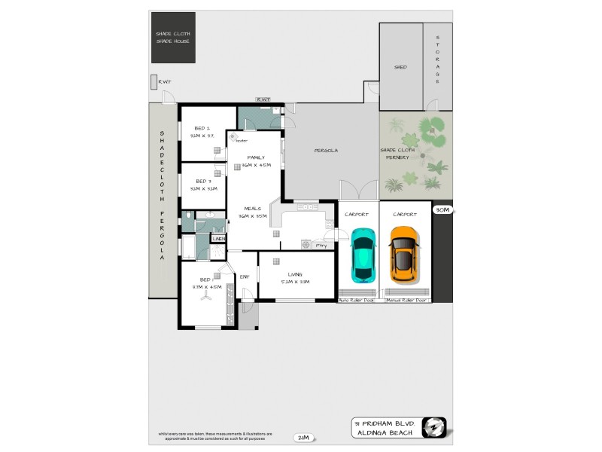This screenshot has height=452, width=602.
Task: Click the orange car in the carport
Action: click(403, 254)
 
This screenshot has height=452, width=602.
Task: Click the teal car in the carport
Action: click(363, 254)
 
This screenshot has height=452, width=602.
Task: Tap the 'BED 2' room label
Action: click(202, 128)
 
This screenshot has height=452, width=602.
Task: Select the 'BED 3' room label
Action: click(203, 181)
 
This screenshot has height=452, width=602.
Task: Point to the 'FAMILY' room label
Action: click(256, 157)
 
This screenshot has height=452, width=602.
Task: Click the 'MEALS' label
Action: click(252, 209)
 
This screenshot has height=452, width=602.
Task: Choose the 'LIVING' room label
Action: click(294, 274)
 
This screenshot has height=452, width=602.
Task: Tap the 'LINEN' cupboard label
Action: click(218, 239)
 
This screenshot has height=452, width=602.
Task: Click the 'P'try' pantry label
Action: click(321, 245)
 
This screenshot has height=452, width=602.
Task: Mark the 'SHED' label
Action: click(400, 67)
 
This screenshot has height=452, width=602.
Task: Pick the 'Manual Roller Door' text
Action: click(406, 300)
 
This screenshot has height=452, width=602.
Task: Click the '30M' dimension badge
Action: click(442, 211)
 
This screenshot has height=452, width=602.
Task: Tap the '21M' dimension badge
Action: click(304, 438)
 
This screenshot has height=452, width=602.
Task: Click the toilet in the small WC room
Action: click(186, 221)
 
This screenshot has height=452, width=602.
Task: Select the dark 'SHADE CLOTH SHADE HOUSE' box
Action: click(173, 38)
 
